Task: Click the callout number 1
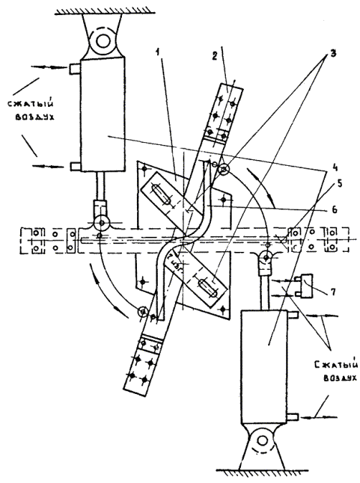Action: pyautogui.click(x=158, y=52)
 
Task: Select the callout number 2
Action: pyautogui.click(x=214, y=56)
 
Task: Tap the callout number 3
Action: pyautogui.click(x=332, y=53)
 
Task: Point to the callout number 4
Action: pyautogui.click(x=335, y=168)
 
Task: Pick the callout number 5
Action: pyautogui.click(x=339, y=184)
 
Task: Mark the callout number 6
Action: pyautogui.click(x=335, y=210)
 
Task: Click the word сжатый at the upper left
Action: pyautogui.click(x=31, y=103)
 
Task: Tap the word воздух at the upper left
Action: pyautogui.click(x=34, y=117)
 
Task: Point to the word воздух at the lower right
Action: pyautogui.click(x=341, y=378)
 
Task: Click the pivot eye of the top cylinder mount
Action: pyautogui.click(x=103, y=40)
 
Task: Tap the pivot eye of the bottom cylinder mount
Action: pyautogui.click(x=262, y=441)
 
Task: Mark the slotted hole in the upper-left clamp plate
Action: pyautogui.click(x=161, y=194)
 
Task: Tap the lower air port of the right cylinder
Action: pyautogui.click(x=293, y=417)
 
